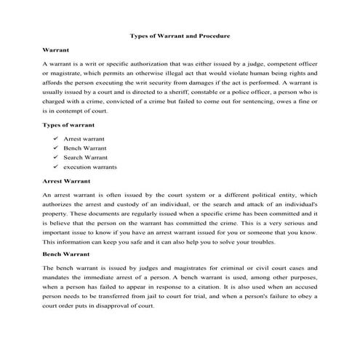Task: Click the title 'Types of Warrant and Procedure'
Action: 180,35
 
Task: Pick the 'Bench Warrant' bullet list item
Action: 85,147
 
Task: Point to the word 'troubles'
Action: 234,241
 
